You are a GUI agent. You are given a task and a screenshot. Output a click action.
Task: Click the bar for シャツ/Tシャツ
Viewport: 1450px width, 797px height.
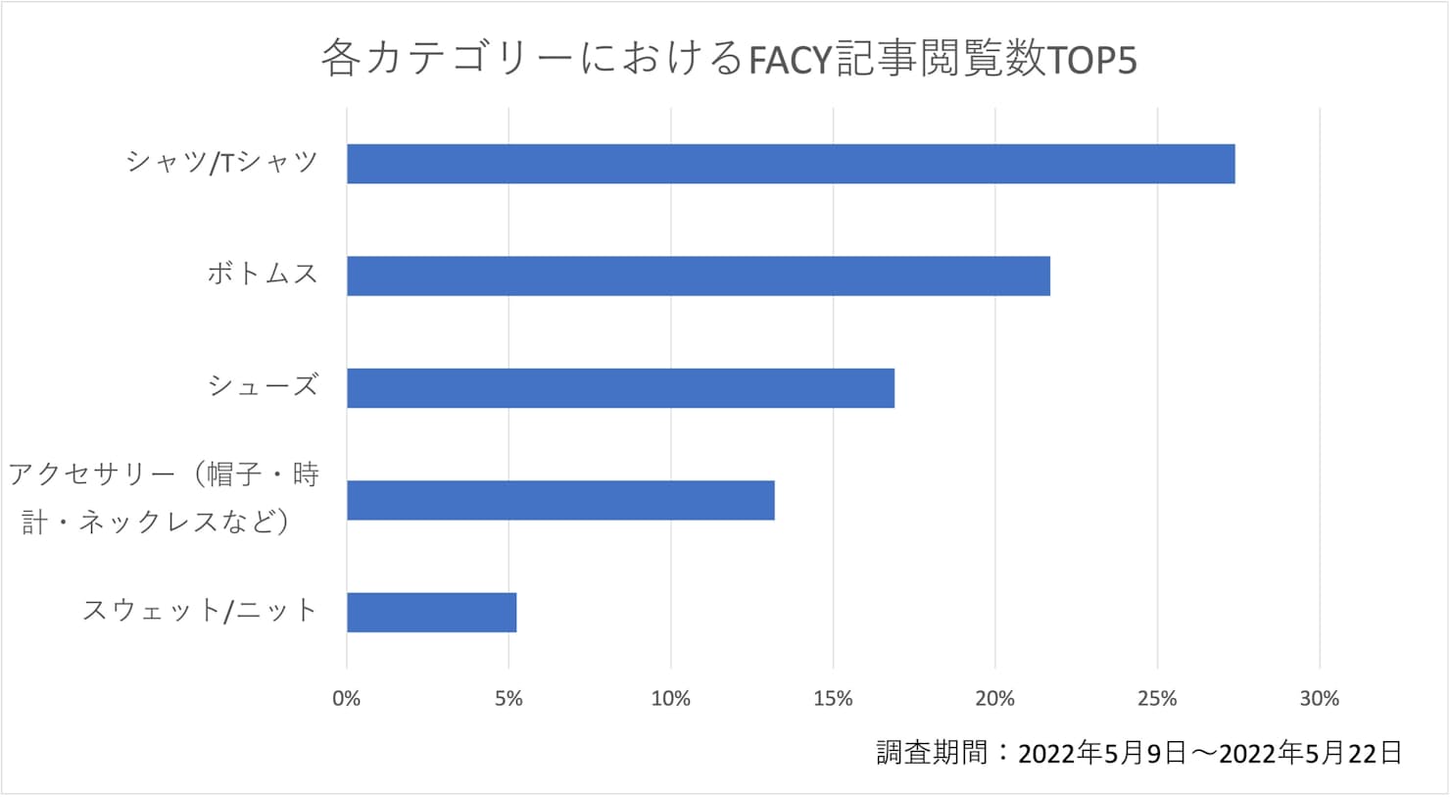pos(790,164)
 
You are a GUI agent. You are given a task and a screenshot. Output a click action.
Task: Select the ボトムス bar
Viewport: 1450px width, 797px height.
pos(698,275)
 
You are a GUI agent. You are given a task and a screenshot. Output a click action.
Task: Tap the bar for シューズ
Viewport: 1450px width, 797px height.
pos(620,388)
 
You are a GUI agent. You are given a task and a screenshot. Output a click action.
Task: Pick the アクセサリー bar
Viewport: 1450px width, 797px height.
pos(560,500)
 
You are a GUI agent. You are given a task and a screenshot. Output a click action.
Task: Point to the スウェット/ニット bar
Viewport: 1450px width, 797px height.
pos(431,613)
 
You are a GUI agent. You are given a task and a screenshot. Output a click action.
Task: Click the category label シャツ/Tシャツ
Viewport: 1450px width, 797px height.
pos(222,162)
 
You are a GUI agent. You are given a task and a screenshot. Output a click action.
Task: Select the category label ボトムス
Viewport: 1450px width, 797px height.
pos(263,274)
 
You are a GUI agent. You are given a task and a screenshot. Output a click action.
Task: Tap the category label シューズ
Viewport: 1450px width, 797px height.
pos(263,386)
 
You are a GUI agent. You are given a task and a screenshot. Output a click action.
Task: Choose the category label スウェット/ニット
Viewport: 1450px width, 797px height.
pos(200,611)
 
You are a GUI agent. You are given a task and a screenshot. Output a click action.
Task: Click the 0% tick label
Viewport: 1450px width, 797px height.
pos(346,699)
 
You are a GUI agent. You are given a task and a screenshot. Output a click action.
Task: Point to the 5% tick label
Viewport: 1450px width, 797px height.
pos(508,699)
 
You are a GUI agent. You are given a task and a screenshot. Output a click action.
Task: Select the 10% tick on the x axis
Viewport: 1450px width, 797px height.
pos(670,699)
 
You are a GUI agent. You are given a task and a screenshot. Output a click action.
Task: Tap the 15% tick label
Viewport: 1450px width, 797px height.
pos(833,699)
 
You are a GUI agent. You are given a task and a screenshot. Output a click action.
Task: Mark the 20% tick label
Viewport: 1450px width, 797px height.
pos(994,699)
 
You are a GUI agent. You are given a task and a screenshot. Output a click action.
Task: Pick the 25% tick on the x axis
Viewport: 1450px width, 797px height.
pos(1157,699)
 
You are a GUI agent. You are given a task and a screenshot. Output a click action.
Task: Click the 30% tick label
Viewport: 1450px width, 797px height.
pos(1319,699)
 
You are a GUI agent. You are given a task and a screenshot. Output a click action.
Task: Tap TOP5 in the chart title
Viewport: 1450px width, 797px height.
pos(1091,61)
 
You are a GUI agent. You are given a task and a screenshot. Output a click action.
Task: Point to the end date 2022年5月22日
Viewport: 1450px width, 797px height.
pos(1311,753)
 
